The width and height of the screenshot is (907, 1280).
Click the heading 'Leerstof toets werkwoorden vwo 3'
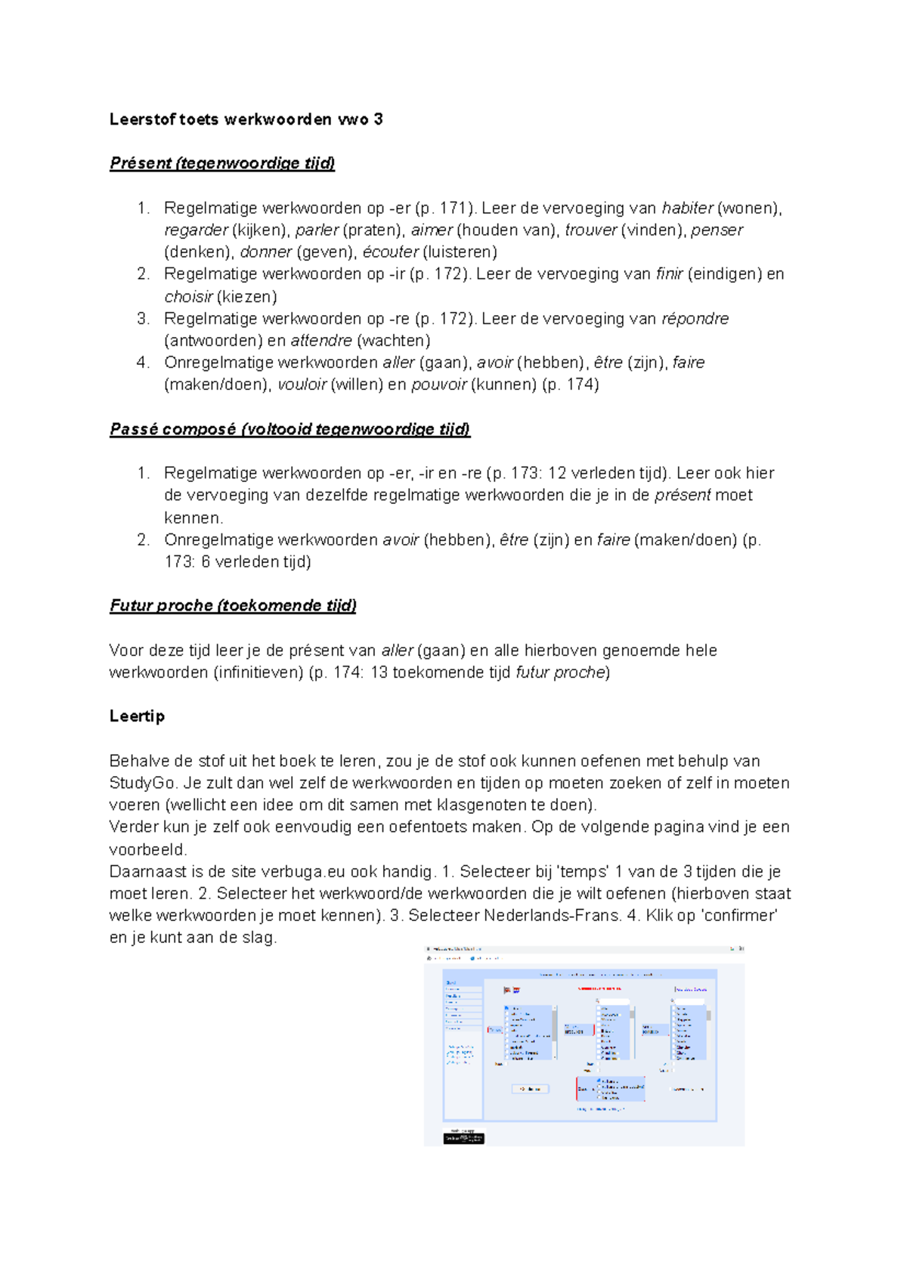coord(246,119)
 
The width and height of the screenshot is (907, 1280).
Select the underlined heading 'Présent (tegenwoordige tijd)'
coord(222,163)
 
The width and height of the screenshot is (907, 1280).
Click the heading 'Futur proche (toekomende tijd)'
coord(233,605)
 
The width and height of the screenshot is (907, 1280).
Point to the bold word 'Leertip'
coord(137,716)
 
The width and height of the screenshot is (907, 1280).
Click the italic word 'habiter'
coord(687,208)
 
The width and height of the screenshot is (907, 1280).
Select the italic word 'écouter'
coord(390,252)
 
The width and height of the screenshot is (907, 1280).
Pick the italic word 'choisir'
coord(188,296)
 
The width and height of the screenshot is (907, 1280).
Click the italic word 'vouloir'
coord(302,385)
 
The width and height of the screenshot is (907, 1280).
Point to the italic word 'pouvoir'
coord(438,385)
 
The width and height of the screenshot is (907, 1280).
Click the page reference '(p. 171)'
coord(446,208)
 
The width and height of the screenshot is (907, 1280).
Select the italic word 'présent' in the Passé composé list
coord(683,495)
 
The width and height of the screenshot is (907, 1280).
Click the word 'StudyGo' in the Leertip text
coord(142,783)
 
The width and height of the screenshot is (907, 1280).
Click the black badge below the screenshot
coord(463,1137)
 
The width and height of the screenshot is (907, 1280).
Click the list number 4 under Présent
coord(142,363)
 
